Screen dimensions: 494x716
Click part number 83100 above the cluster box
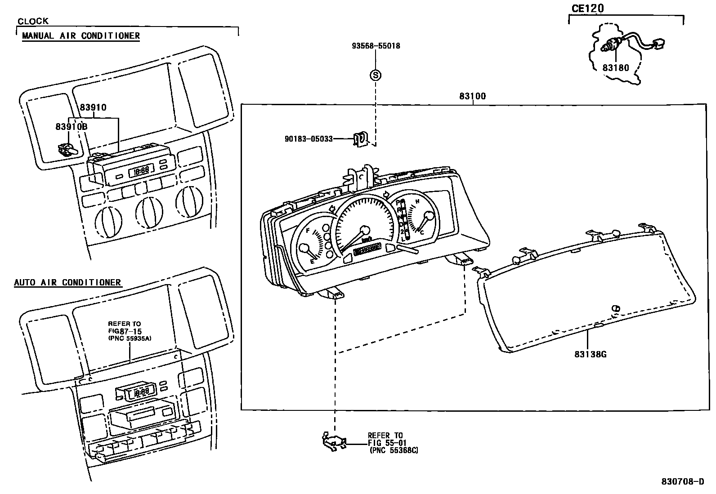[x=472, y=96]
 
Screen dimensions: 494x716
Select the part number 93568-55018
[x=376, y=46]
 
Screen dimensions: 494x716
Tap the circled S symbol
[x=375, y=75]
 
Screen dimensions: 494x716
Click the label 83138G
[x=590, y=354]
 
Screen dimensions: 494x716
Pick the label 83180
[x=616, y=68]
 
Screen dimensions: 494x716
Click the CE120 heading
[x=587, y=9]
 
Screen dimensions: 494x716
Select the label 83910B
[x=72, y=127]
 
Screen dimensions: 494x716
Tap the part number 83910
[x=93, y=107]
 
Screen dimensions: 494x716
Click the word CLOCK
[x=33, y=21]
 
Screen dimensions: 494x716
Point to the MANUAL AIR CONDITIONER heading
[x=81, y=36]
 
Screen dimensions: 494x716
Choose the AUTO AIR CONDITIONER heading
[x=67, y=283]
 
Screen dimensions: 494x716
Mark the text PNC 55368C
[x=394, y=450]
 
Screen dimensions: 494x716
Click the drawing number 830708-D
[x=682, y=482]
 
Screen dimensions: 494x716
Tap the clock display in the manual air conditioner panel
[x=141, y=171]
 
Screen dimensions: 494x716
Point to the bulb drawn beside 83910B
[x=66, y=149]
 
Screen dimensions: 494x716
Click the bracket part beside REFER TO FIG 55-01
[x=334, y=441]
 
